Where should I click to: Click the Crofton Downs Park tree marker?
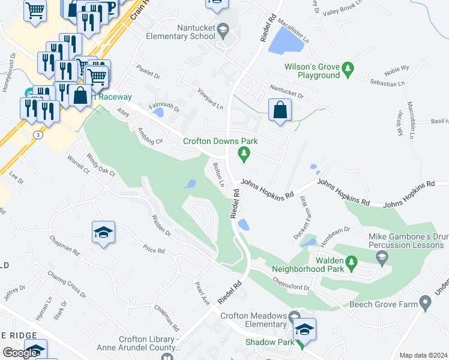click(244, 154)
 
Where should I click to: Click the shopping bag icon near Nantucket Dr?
click(280, 110)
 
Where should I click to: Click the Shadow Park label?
click(269, 342)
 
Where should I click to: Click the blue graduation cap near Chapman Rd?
click(103, 232)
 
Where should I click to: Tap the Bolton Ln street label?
click(218, 175)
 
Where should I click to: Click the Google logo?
click(20, 353)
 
